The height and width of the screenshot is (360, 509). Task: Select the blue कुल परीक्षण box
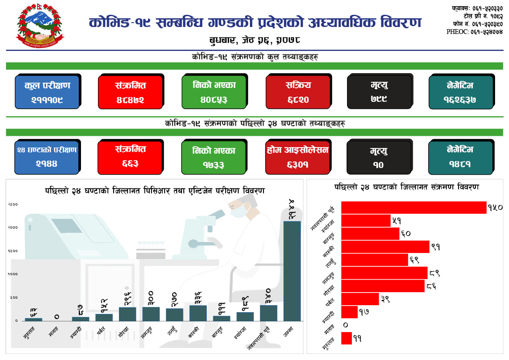point(47,92)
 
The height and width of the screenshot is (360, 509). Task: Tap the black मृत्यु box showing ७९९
point(380,92)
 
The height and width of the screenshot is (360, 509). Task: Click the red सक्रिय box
point(298,92)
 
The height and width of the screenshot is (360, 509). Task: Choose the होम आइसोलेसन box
point(298,157)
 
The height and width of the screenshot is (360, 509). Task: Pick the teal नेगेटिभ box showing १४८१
point(460,157)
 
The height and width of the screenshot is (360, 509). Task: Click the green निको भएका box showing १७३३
point(214,157)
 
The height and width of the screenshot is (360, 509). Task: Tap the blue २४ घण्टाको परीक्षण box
point(47,157)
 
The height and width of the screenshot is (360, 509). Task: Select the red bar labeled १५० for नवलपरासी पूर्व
point(413,208)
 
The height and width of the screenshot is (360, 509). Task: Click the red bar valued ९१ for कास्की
point(385,247)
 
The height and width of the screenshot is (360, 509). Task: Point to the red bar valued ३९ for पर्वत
point(360,299)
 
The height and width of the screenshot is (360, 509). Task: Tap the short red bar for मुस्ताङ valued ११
point(346,338)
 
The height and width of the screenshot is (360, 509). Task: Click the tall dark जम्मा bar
point(292,271)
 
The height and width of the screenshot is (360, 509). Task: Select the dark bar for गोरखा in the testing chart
point(128,314)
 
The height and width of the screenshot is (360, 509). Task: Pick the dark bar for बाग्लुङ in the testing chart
point(222,318)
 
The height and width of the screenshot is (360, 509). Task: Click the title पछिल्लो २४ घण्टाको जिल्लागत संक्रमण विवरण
point(407,187)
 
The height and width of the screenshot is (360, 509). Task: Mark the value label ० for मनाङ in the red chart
point(345,325)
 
